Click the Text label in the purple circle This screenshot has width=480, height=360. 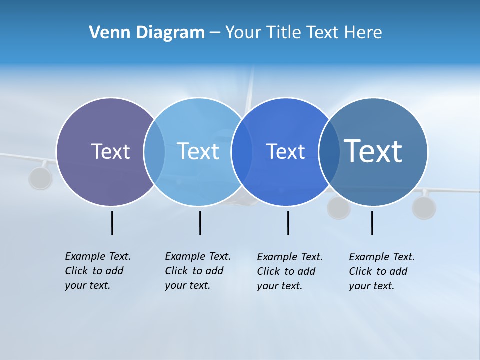(x=110, y=151)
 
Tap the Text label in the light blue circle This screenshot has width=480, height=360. (x=198, y=151)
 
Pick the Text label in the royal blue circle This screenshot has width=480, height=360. (x=285, y=151)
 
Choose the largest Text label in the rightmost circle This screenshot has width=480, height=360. (x=373, y=151)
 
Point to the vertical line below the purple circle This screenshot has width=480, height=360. (x=112, y=223)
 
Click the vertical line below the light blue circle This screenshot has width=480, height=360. (x=200, y=223)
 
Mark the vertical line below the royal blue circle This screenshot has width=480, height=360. (x=288, y=223)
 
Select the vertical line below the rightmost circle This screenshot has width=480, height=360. (x=372, y=223)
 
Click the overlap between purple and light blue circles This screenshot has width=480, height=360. (x=154, y=151)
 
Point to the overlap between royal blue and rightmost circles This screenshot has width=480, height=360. (x=329, y=151)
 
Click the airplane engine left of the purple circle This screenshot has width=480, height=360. (x=40, y=178)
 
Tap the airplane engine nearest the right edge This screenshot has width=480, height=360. (x=424, y=208)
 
